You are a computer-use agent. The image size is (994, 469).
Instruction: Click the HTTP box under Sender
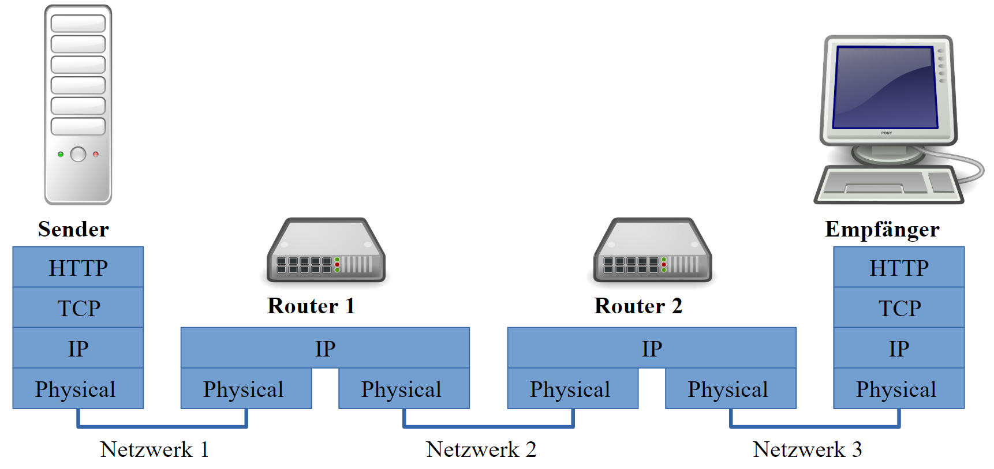click(x=78, y=268)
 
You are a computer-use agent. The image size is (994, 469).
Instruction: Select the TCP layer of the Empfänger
click(x=899, y=308)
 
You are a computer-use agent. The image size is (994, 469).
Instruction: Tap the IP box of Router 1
click(x=325, y=348)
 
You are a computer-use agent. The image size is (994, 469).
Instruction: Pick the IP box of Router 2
click(x=652, y=348)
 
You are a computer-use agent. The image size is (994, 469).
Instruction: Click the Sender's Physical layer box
click(x=78, y=389)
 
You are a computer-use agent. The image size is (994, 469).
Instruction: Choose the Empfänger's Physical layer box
click(x=899, y=389)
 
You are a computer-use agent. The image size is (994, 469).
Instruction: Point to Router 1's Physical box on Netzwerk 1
click(x=246, y=389)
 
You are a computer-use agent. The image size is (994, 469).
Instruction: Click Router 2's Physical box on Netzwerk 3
click(x=730, y=389)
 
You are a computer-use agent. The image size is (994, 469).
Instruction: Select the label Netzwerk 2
click(x=481, y=449)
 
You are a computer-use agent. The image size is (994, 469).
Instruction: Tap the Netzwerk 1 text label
click(x=154, y=449)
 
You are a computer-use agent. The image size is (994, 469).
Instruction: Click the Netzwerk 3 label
click(x=807, y=449)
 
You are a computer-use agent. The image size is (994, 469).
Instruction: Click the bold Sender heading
click(x=73, y=229)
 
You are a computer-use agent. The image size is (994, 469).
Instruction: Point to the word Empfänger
click(x=882, y=229)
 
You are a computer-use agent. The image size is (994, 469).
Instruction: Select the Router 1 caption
click(x=311, y=306)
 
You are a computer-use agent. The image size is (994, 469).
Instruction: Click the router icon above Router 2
click(x=652, y=251)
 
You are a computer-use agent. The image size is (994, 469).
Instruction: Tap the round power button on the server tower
click(x=78, y=154)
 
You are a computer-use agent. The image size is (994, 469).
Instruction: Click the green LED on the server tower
click(x=61, y=154)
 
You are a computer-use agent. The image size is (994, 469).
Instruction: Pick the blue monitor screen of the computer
click(x=885, y=88)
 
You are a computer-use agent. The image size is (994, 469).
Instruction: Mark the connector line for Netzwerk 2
click(x=488, y=427)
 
